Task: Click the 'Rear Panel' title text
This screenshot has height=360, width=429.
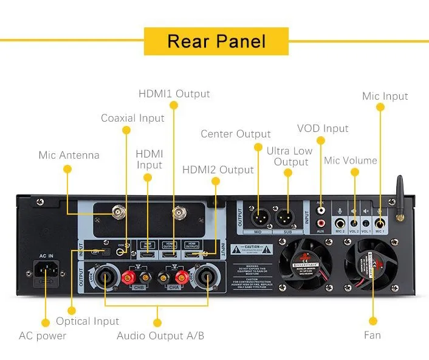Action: tap(216, 41)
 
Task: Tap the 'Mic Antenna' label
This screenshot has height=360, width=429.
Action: tap(69, 155)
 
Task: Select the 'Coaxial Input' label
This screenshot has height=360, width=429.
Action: tap(132, 118)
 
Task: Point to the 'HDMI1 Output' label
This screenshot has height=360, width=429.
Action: tap(174, 94)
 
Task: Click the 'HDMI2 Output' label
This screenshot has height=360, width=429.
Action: tap(218, 170)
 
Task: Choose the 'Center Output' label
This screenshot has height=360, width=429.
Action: tap(236, 134)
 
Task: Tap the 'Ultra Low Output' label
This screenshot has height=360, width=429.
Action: tap(291, 156)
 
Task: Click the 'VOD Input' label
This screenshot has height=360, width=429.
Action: tap(323, 128)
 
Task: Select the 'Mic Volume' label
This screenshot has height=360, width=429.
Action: tap(351, 161)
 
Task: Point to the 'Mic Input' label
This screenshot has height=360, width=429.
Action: tap(385, 96)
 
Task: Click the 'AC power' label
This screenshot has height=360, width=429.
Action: tap(43, 335)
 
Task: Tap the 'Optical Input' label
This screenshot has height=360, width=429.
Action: tap(88, 321)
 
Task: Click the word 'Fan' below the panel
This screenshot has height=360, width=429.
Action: tap(372, 335)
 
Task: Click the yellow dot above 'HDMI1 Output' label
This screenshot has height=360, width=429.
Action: tap(174, 105)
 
